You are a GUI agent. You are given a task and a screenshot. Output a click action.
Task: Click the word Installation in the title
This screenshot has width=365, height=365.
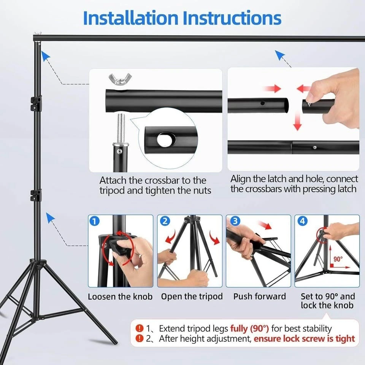coord(130,18)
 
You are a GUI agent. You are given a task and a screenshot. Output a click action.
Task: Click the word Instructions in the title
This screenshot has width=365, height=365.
coord(232,18)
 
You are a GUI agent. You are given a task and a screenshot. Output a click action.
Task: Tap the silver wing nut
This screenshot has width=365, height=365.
coord(120,79)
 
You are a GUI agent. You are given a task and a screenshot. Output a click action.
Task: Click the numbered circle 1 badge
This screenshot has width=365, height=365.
coord(95,221)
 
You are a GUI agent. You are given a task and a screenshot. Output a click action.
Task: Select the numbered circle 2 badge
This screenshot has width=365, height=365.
coord(165,221)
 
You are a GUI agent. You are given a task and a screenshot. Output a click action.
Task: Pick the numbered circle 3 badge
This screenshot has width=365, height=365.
coord(235,221)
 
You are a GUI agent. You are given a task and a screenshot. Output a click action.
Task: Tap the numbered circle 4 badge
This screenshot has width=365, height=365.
coord(302,221)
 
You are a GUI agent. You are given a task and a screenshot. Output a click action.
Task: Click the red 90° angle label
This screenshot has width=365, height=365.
coord(338,259)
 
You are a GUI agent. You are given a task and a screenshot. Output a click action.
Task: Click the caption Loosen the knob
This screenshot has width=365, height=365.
coord(120,297)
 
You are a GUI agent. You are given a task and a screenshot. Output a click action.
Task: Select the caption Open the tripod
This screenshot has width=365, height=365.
coord(192,297)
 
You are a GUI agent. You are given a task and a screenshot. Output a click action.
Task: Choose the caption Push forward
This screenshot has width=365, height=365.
coord(260,296)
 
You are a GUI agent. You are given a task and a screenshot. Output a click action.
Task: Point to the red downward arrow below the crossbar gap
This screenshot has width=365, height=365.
coord(297,121)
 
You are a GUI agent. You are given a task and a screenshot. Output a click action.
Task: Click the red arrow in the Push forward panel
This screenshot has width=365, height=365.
coord(265,225)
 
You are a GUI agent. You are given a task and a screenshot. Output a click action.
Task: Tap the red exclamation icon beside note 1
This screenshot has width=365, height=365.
coord(139,328)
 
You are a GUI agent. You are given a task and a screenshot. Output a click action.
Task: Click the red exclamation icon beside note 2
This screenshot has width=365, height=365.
coord(139,338)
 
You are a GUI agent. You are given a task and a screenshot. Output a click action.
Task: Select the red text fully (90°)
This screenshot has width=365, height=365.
coord(249,328)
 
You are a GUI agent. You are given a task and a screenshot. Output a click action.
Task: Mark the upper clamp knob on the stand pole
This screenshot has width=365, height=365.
coord(36,103)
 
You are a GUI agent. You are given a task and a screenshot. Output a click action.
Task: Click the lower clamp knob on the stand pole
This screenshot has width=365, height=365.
coord(36,195)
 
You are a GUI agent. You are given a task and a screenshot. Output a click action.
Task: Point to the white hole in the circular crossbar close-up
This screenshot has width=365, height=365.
coord(164,140)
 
